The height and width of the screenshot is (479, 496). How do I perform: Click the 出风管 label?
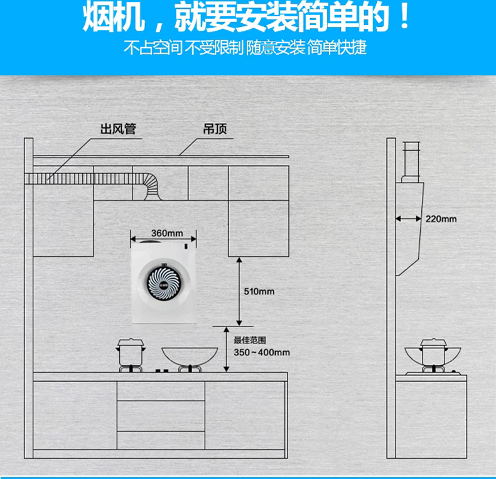118,129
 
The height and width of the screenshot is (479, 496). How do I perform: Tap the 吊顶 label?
215,129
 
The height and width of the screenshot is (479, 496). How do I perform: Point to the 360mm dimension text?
166,234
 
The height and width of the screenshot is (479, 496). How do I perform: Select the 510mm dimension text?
259,291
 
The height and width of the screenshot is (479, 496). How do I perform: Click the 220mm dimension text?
441,218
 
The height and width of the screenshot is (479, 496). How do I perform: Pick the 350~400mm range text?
262,352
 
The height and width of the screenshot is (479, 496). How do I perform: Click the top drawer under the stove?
161,390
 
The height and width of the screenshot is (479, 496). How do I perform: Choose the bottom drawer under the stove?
161,439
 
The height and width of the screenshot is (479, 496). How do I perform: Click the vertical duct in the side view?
411,159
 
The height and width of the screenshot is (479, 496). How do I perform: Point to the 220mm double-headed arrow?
409,218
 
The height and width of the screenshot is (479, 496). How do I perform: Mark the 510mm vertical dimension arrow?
239,291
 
